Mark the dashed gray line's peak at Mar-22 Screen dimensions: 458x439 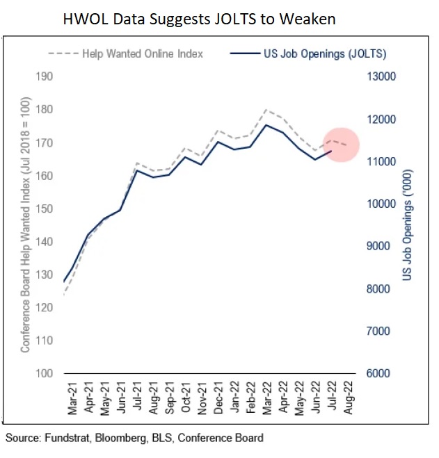[x=265, y=110]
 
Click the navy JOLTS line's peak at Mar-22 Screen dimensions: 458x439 [x=265, y=125]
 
